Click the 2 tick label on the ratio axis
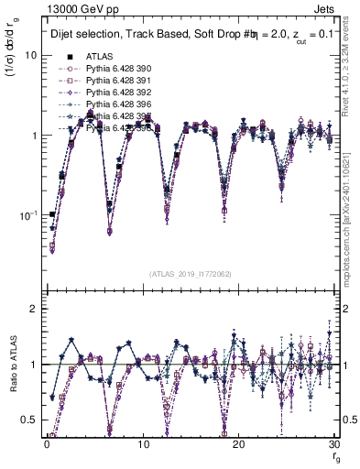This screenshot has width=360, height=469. point(34,309)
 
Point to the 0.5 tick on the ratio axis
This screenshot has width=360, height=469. point(30,420)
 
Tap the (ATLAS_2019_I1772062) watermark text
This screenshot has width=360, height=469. point(191,273)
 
